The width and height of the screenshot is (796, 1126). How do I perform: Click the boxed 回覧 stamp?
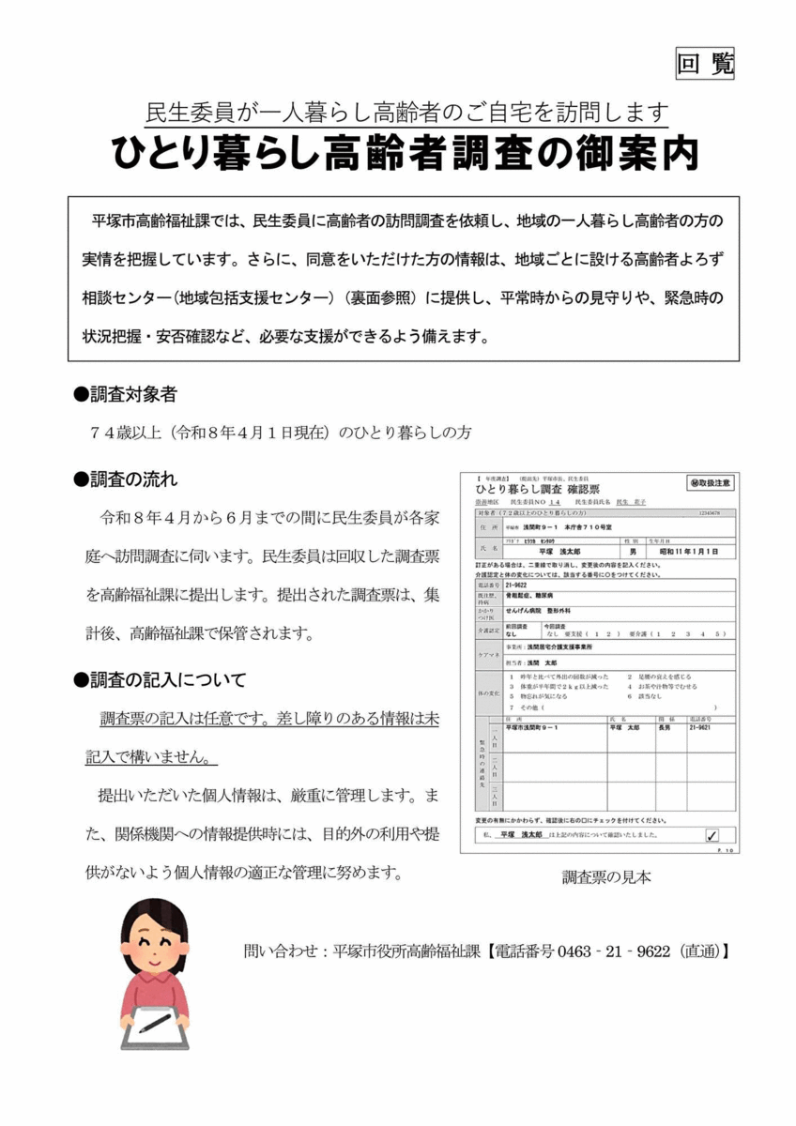tap(705, 63)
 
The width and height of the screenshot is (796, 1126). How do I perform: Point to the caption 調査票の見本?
tap(606, 877)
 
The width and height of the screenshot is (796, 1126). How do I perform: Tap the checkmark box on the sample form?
tap(712, 835)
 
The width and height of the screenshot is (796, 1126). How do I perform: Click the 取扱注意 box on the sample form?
tap(710, 483)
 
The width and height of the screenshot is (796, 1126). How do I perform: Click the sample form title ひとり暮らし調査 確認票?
tap(538, 491)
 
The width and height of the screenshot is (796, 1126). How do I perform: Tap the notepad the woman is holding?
tap(160, 1026)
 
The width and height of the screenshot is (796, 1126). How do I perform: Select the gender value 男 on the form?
tap(632, 552)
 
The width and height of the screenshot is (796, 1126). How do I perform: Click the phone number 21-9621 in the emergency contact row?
tap(700, 727)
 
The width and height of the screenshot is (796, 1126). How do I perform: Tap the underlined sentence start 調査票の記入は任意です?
tap(178, 720)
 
